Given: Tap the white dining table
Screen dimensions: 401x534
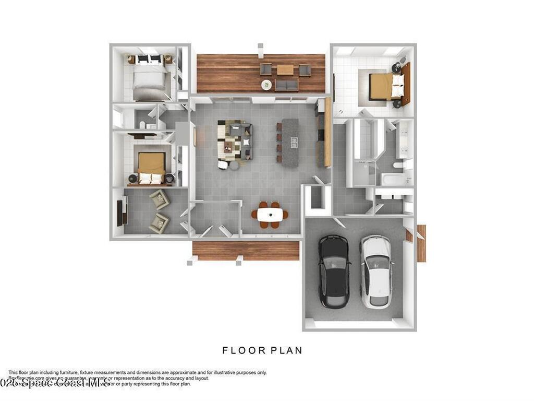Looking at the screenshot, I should coord(270,214).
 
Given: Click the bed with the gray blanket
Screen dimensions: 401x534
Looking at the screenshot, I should coord(149,78).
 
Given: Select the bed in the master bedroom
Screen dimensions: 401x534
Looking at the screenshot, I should coord(386,86).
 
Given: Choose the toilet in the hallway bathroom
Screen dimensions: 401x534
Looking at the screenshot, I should coord(142,124).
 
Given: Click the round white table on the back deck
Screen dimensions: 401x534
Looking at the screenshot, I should coord(266,85).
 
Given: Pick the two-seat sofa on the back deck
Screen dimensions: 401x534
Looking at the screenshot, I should coord(286,85).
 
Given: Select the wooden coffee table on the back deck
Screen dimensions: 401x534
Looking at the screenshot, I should coord(285,69).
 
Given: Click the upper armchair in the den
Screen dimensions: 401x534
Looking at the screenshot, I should coord(159,199).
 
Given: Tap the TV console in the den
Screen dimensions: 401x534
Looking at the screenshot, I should coord(120,212).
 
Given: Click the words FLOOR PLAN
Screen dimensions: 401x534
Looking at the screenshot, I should coord(262,350).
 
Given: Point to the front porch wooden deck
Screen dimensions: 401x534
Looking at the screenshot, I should coord(246,250).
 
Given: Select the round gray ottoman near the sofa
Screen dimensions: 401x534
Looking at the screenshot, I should coord(234,165).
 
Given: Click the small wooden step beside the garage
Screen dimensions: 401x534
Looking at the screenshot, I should coord(421,243).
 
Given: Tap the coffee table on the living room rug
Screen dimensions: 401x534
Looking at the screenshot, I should coord(229,148).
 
